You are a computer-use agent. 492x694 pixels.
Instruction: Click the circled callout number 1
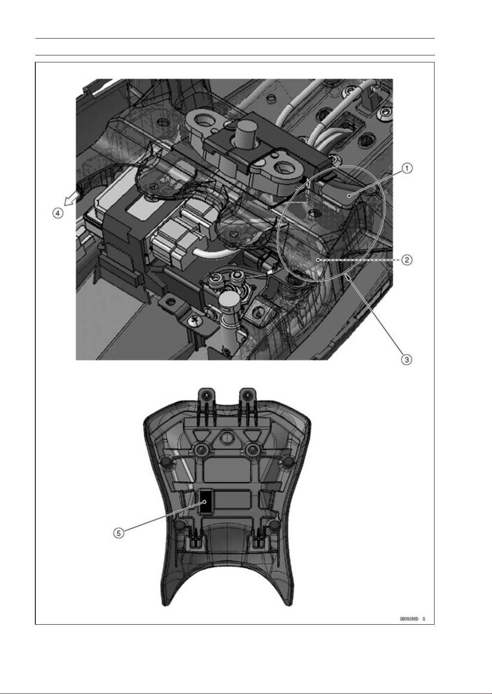[407, 168]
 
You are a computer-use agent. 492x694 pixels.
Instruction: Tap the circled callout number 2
[407, 260]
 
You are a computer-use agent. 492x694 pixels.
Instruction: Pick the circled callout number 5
[118, 533]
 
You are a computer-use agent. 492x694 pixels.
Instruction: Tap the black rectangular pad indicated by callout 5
[205, 501]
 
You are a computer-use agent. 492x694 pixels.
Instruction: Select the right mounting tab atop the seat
[248, 398]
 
